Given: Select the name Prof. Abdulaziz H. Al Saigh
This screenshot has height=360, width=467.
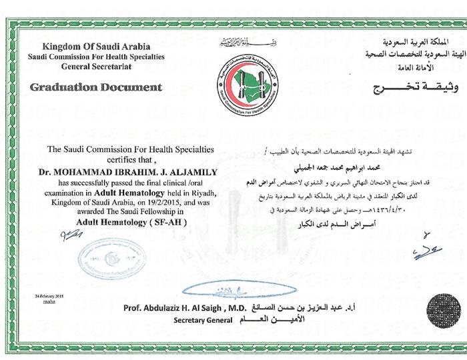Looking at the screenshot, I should click(x=175, y=309).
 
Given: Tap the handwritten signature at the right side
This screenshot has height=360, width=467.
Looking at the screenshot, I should click(x=427, y=251).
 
